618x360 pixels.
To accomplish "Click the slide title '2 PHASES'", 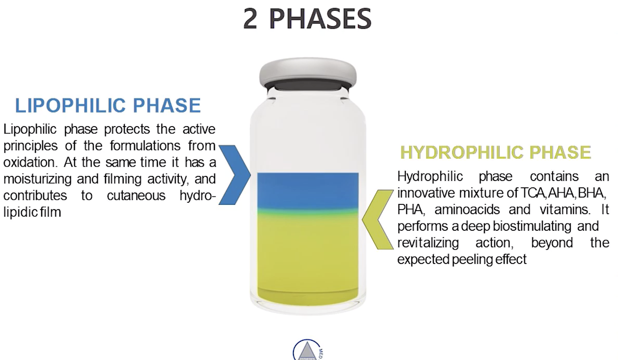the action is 307,19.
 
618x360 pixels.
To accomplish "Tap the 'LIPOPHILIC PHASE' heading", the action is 108,105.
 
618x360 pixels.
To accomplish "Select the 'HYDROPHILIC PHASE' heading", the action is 496,152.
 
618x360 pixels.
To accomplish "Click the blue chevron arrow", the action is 234,175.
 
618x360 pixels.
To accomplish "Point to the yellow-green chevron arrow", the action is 377,219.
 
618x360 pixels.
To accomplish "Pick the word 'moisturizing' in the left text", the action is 38,179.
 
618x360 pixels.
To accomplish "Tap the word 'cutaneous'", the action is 136,196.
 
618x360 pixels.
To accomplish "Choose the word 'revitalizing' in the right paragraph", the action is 428,243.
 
